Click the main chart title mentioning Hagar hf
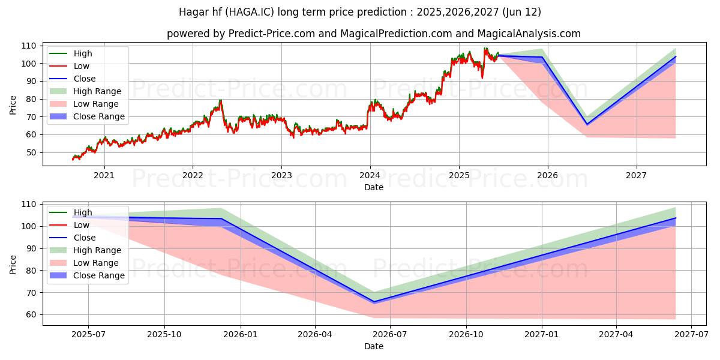pyautogui.click(x=359, y=12)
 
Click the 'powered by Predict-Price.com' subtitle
pyautogui.click(x=373, y=34)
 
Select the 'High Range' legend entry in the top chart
pyautogui.click(x=97, y=91)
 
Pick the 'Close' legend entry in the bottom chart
pyautogui.click(x=84, y=238)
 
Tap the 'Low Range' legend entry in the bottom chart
pyautogui.click(x=96, y=263)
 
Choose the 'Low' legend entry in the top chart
pyautogui.click(x=82, y=66)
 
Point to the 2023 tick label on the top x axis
pyautogui.click(x=281, y=175)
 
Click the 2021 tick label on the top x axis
pyautogui.click(x=104, y=175)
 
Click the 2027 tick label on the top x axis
pyautogui.click(x=636, y=175)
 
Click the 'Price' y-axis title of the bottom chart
pyautogui.click(x=13, y=263)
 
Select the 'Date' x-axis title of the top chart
pyautogui.click(x=373, y=187)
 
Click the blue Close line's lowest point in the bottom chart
pyautogui.click(x=374, y=302)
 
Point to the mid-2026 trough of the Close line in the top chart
pyautogui.click(x=587, y=124)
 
